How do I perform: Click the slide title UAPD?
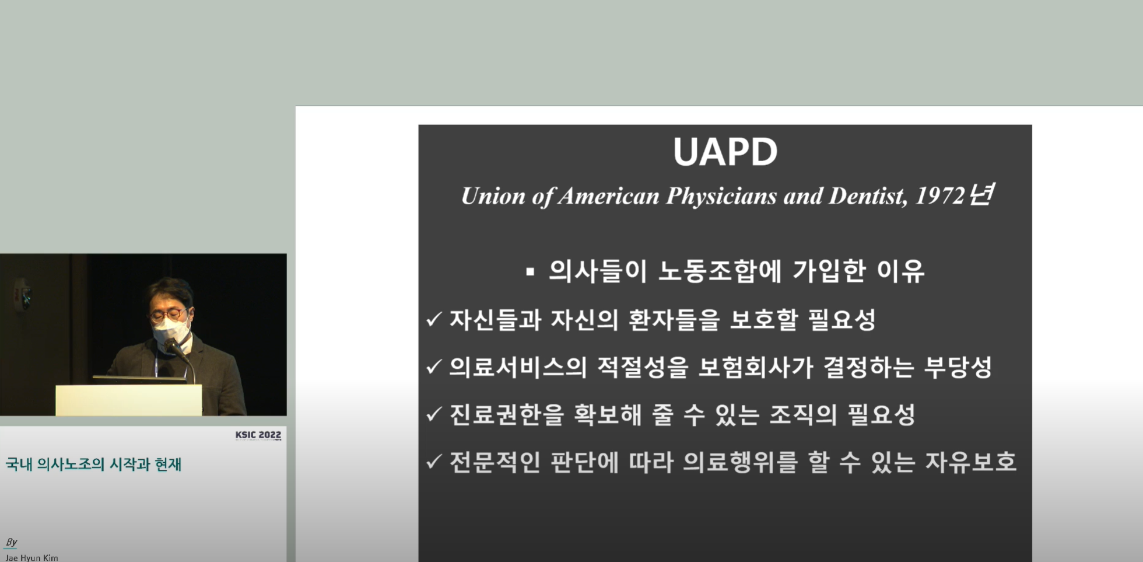point(725,152)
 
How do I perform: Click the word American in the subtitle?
point(608,196)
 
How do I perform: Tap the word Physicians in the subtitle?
point(721,197)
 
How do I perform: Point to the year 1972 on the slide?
point(940,196)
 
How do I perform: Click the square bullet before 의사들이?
point(530,271)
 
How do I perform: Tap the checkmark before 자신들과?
point(434,319)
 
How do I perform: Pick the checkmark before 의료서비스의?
point(434,366)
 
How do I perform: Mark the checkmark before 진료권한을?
point(434,414)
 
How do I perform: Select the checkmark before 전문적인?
point(434,462)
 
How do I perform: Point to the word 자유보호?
point(971,462)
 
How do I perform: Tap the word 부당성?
point(958,367)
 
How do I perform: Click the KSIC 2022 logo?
point(258,435)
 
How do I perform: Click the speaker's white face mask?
point(171,330)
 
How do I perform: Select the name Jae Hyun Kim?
point(32,557)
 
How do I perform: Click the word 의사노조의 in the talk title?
point(71,465)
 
